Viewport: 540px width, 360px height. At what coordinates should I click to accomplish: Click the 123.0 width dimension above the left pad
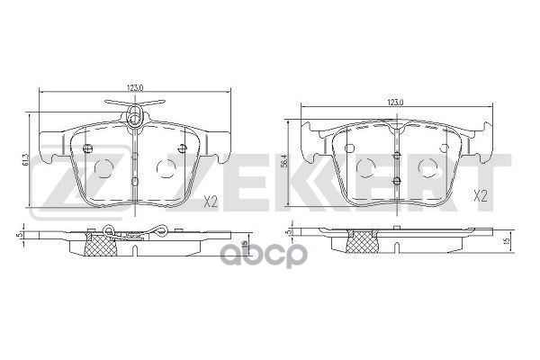point(134,88)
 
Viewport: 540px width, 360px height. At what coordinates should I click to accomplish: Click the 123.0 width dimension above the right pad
point(395,103)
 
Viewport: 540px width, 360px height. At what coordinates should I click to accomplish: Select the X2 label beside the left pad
point(211,202)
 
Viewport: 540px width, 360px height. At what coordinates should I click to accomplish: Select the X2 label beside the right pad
point(481,196)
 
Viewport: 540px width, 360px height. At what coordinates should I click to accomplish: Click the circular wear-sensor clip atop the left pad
point(134,114)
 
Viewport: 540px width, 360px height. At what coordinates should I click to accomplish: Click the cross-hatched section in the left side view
point(100,244)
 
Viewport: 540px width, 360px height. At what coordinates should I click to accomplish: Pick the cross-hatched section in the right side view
point(362,241)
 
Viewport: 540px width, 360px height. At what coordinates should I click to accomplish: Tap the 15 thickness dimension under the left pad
point(245,244)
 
